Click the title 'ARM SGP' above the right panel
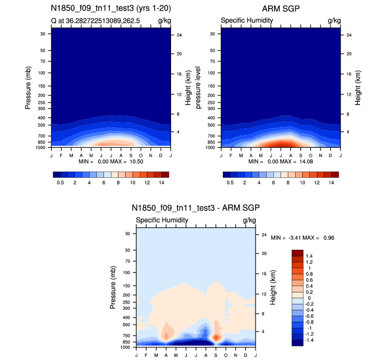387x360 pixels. click(280, 9)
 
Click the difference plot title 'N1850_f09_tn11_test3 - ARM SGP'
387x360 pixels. click(196, 208)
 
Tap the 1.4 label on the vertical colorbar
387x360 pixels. click(309, 256)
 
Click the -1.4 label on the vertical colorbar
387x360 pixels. click(309, 341)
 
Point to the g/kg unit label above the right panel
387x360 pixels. click(334, 21)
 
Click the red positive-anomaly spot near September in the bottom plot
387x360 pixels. click(215, 337)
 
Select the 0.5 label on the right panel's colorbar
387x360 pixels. click(230, 182)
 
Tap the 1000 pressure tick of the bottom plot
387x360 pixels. click(125, 347)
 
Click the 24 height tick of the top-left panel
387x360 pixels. click(179, 35)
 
